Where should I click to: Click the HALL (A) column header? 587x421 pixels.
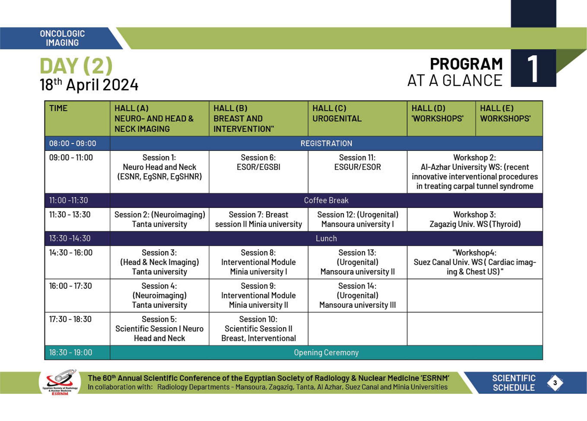(154, 118)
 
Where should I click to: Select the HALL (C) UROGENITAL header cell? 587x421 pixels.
(337, 114)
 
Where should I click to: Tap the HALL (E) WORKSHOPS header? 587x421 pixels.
(505, 114)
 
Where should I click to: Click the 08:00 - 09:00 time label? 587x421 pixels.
(73, 143)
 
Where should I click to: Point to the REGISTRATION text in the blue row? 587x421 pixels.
(326, 143)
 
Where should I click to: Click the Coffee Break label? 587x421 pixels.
(326, 200)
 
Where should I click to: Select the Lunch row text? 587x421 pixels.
(326, 238)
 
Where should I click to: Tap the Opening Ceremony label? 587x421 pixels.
(326, 352)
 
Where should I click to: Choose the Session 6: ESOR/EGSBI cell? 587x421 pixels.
(258, 162)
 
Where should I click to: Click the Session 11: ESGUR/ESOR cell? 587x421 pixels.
(357, 162)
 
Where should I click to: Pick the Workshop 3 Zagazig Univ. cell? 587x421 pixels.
(475, 219)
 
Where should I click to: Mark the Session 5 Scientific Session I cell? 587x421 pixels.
(159, 329)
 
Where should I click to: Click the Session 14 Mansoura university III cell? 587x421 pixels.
(357, 295)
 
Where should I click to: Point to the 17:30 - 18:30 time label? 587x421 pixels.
(70, 319)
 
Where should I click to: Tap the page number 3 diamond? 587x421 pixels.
(555, 383)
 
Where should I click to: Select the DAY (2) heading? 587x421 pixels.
(76, 66)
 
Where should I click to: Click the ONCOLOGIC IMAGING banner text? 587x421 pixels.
(62, 38)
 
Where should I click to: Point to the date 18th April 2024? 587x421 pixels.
(89, 85)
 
